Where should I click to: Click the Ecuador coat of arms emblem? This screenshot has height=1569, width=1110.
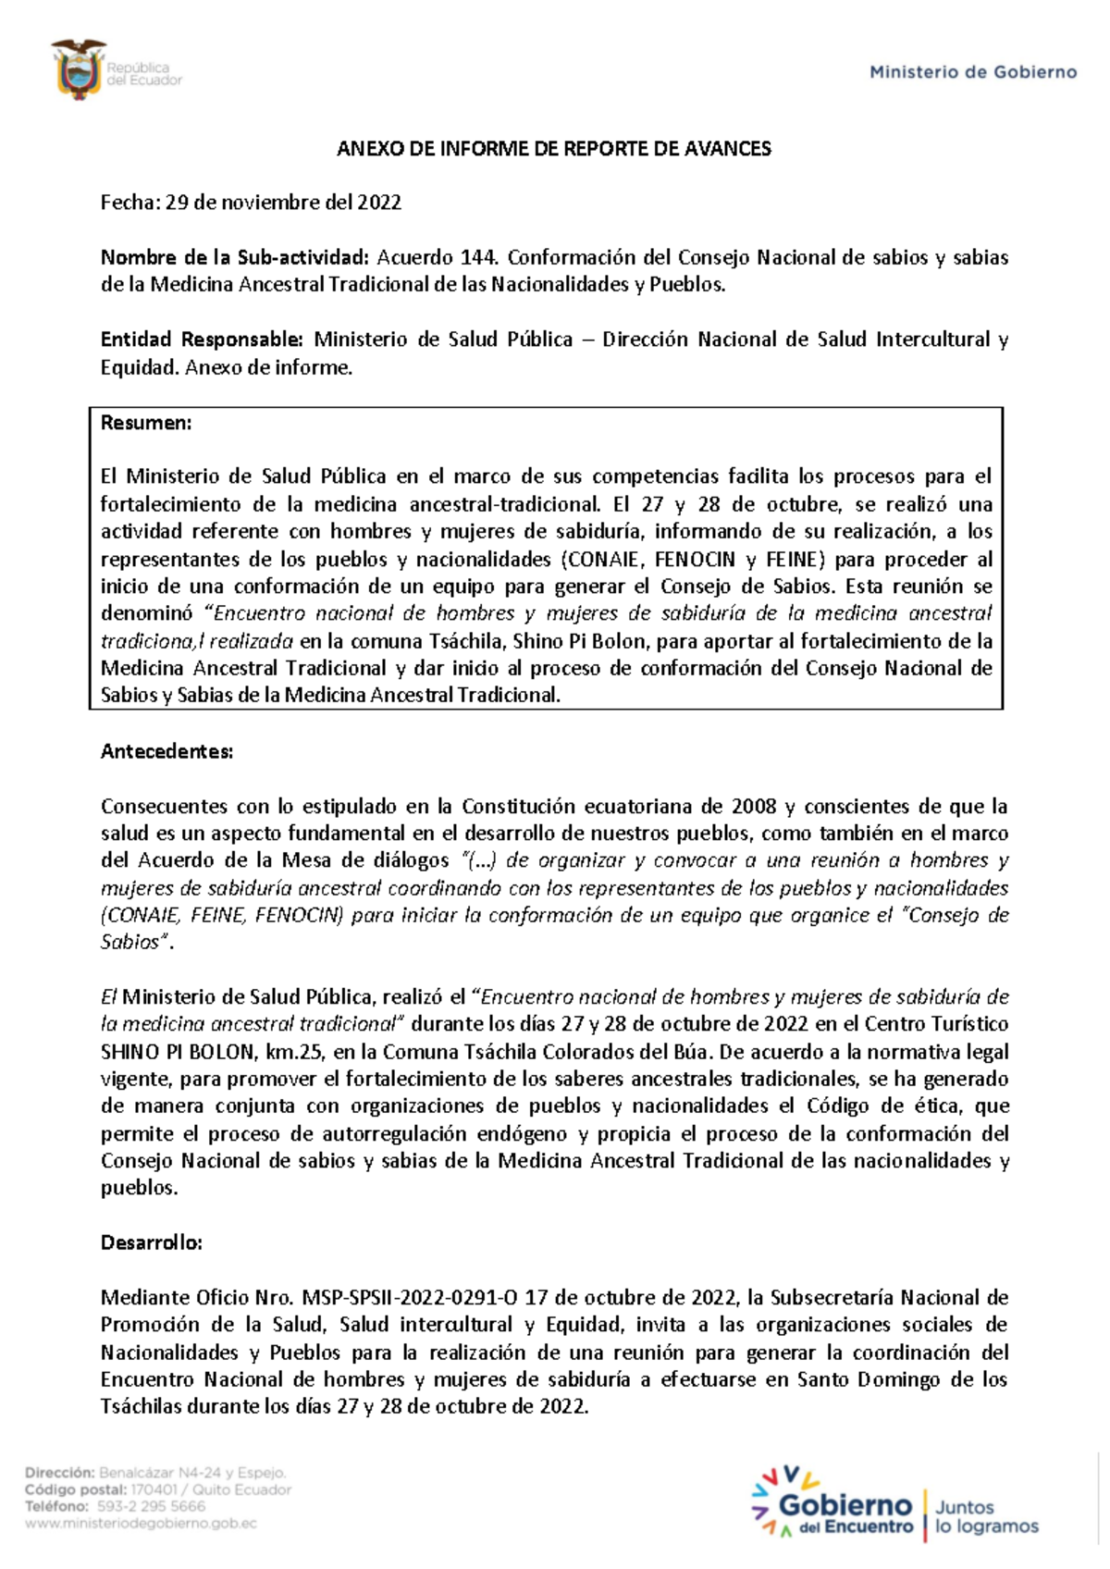(79, 69)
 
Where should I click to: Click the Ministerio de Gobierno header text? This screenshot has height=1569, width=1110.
(973, 72)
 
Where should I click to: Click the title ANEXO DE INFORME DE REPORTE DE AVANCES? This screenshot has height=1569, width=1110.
(553, 149)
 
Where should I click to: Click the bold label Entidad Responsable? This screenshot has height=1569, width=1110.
(202, 340)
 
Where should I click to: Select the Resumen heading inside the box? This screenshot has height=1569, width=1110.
(146, 423)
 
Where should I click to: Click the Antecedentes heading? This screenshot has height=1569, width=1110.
(166, 751)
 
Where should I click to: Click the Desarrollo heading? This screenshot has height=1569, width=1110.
(151, 1242)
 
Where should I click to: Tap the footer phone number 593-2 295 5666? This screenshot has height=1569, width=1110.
(151, 1506)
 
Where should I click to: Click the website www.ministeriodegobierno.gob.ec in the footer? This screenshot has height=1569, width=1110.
(141, 1523)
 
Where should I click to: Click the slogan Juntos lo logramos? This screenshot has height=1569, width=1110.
(985, 1517)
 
